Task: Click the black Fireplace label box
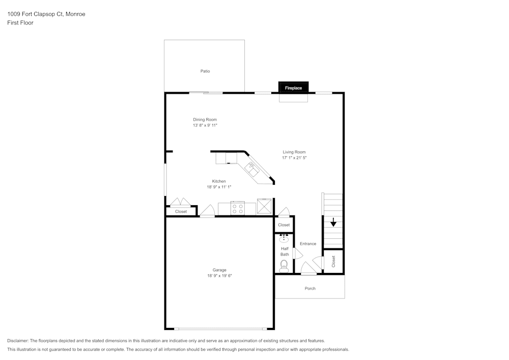coord(294,87)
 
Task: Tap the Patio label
coord(205,71)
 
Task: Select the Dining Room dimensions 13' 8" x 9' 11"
coord(205,125)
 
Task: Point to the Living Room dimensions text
coord(294,158)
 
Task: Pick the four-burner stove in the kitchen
coord(238,208)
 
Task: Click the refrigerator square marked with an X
coord(264,206)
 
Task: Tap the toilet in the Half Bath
coord(284,266)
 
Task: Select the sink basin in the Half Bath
coord(284,239)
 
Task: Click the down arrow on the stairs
coord(333,223)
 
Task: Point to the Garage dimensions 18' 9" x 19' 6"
coord(220,276)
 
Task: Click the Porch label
coord(310,288)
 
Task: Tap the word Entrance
coord(308,244)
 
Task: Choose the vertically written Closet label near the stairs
coord(333,261)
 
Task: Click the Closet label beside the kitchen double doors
coord(181,212)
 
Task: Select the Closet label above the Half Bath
coord(284,225)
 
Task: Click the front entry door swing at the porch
coord(308,268)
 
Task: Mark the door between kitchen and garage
coord(207,211)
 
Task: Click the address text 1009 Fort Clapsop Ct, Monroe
coord(46,14)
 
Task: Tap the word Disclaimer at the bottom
coord(17,341)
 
